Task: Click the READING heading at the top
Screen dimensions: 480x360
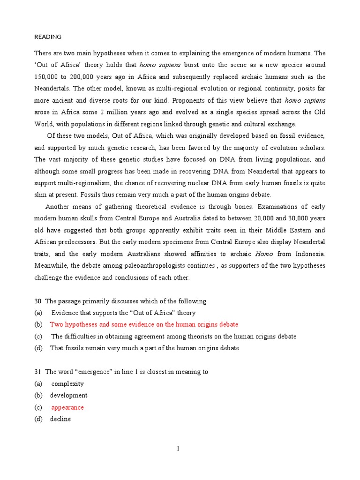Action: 48,37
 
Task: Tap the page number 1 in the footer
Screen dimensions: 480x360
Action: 178,449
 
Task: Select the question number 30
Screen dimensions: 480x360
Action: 38,301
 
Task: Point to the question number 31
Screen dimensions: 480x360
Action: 38,372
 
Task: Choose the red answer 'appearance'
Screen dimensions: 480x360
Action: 67,407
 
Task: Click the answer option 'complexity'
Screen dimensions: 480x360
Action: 67,383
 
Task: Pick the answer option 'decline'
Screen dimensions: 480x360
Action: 60,419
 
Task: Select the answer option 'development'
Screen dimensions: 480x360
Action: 68,395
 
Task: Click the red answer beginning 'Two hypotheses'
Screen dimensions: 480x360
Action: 144,324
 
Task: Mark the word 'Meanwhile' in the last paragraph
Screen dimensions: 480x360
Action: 50,265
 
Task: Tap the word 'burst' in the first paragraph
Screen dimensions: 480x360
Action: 194,65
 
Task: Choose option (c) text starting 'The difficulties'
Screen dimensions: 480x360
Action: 174,336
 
